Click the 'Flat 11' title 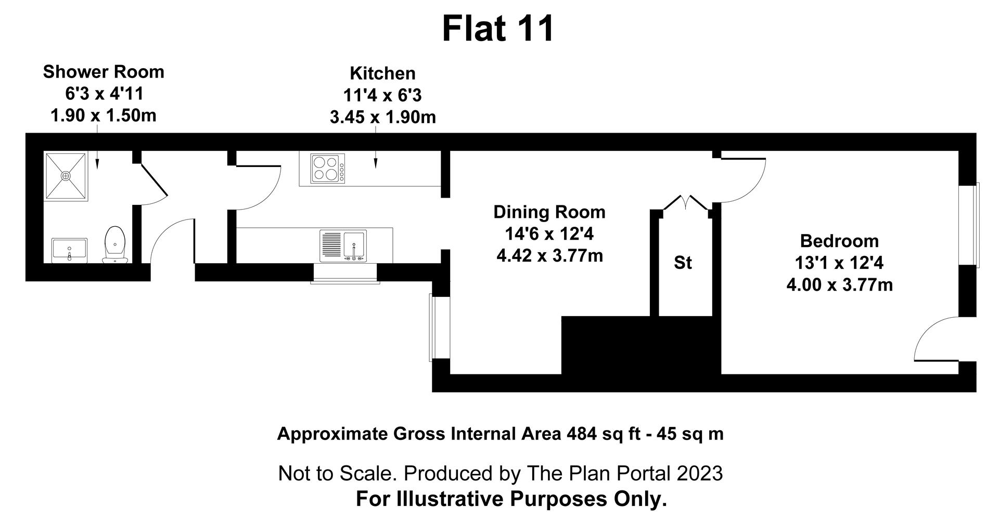point(498,29)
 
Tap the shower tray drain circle point(66,176)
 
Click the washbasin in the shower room point(69,251)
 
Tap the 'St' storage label point(683,263)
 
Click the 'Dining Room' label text point(549,212)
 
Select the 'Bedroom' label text point(839,241)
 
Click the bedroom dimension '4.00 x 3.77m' point(839,285)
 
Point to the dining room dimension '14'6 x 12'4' point(549,235)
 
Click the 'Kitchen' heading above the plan point(382,73)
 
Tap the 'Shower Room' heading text point(104,72)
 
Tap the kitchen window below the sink point(345,274)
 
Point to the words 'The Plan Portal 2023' point(624,473)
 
